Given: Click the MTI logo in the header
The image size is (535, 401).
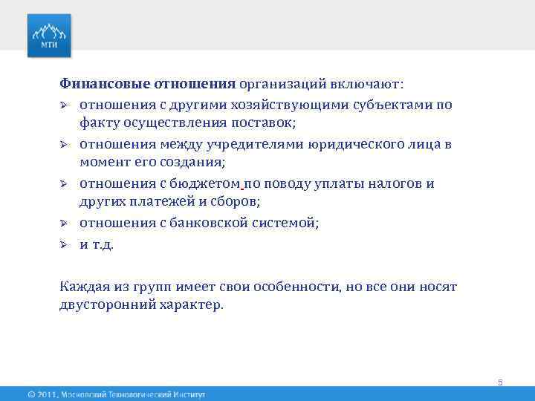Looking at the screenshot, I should coord(50,35).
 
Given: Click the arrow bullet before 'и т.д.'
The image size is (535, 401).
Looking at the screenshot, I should coord(65,244).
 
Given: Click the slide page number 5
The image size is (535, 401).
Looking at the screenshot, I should coord(500,382).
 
